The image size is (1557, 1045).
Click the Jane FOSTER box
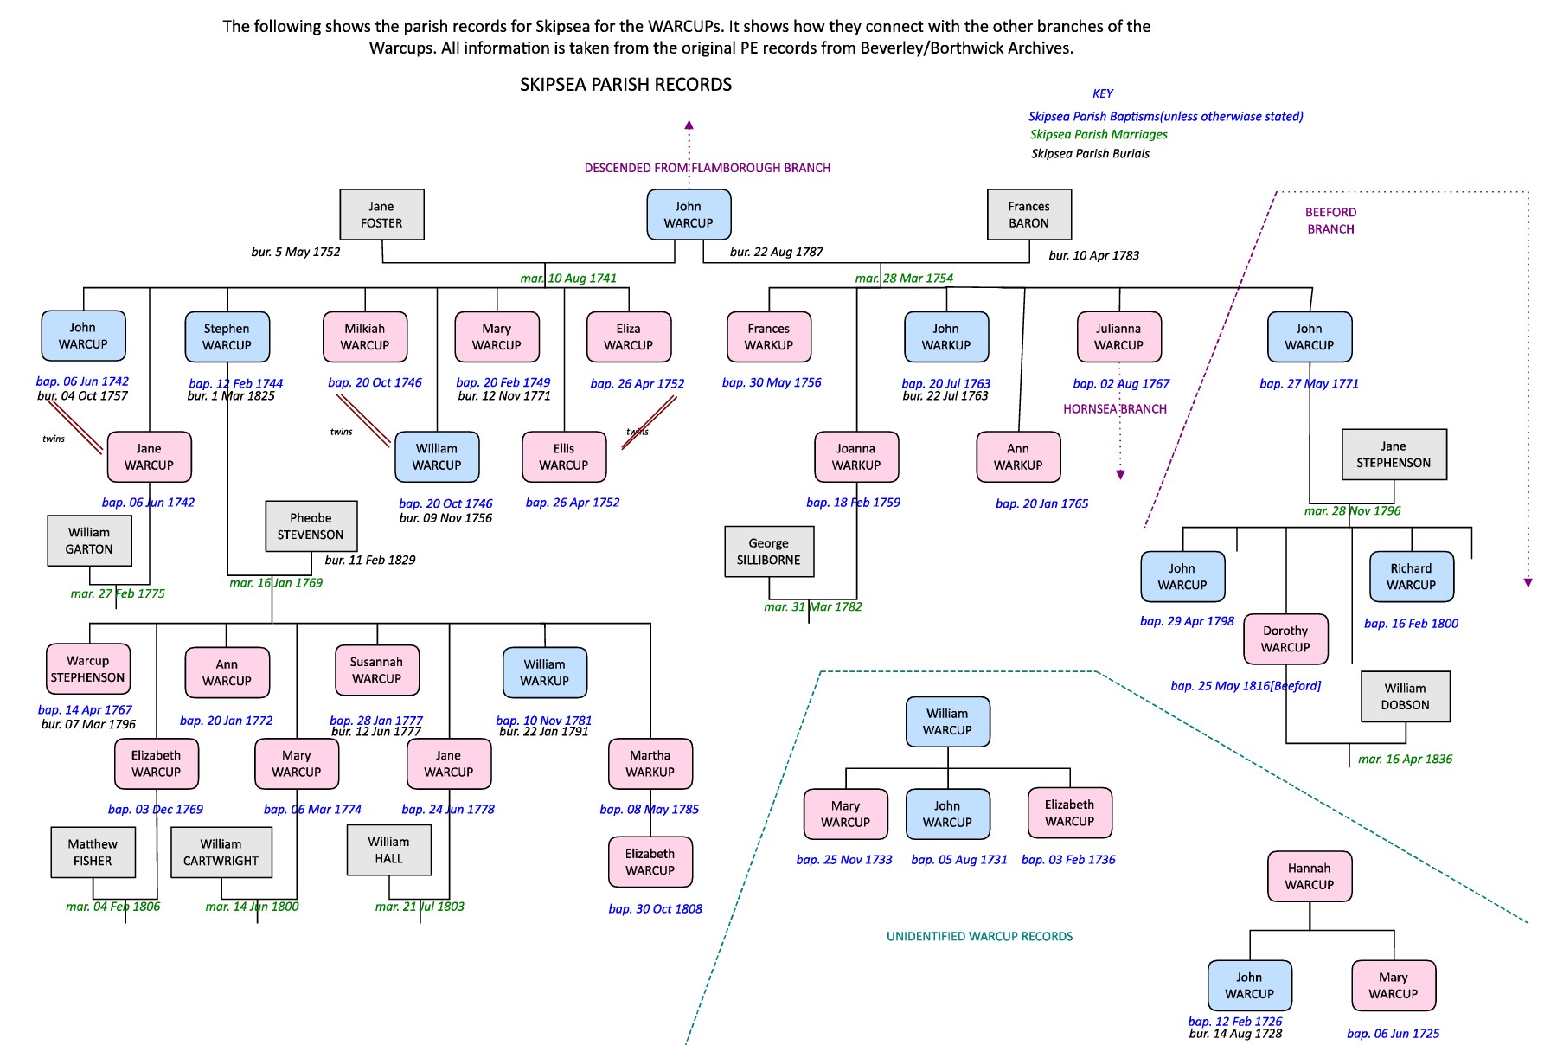(381, 215)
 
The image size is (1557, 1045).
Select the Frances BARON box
(1028, 215)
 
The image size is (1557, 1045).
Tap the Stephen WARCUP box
(227, 337)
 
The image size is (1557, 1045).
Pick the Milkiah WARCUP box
(364, 337)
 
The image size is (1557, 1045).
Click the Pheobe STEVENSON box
(311, 526)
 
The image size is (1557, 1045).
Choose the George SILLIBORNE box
(768, 551)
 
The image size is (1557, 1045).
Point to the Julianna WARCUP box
(1118, 337)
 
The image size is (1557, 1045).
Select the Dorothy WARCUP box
(1285, 639)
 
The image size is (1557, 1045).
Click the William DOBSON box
(1405, 696)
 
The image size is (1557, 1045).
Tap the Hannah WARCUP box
(1309, 876)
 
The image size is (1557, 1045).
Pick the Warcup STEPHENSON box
(87, 669)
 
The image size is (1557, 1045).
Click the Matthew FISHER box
(93, 852)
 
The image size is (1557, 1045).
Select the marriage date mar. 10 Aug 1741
(568, 278)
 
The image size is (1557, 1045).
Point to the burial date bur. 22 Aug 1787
(776, 252)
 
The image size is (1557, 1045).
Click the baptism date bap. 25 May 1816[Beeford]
(1245, 686)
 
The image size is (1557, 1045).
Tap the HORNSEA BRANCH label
(1114, 409)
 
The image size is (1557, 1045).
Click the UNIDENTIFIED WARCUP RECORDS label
(979, 936)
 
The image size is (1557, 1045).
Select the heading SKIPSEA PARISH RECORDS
(625, 85)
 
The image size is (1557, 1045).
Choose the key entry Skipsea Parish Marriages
(1099, 134)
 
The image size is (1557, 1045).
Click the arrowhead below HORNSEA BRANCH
(1120, 474)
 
